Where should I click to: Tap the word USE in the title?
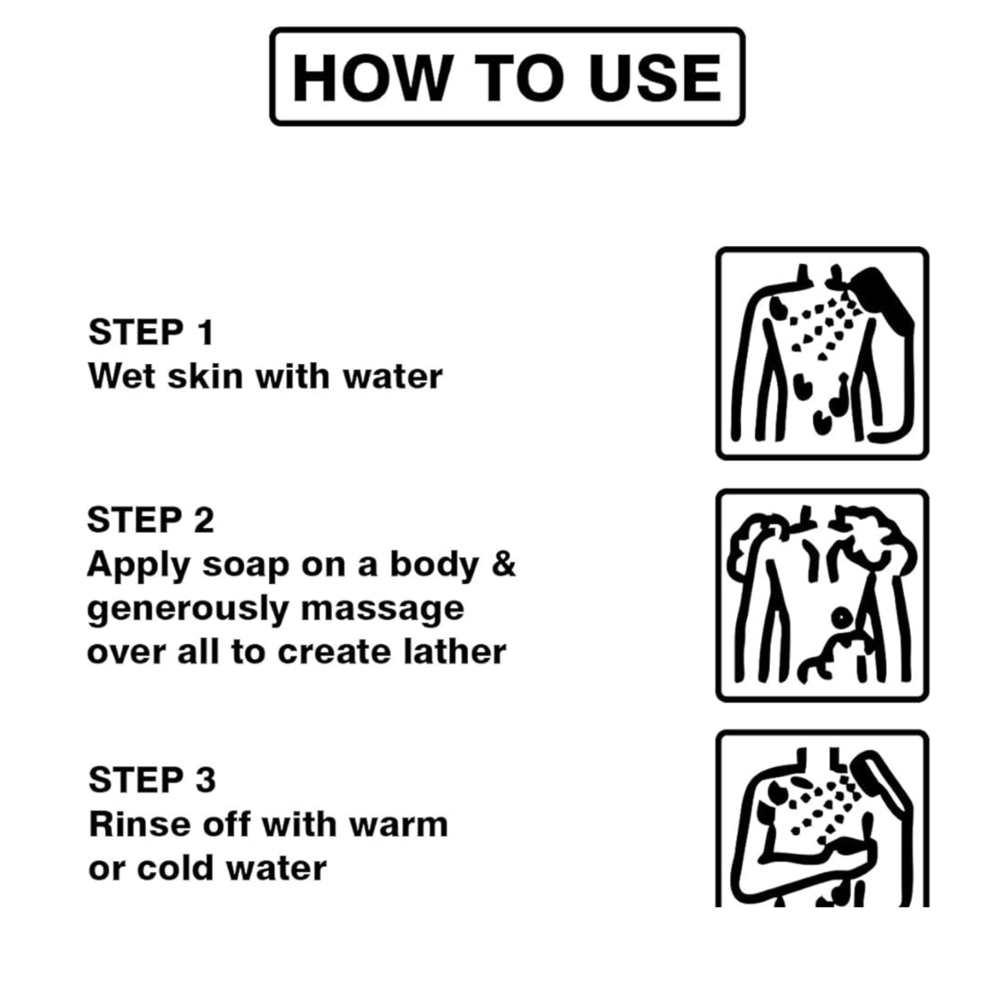655,77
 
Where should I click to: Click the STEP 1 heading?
151,332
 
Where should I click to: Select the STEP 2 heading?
151,520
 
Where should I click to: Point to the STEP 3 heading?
152,779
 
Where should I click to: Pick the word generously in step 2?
188,609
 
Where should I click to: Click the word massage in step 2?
382,609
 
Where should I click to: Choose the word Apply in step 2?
139,565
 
